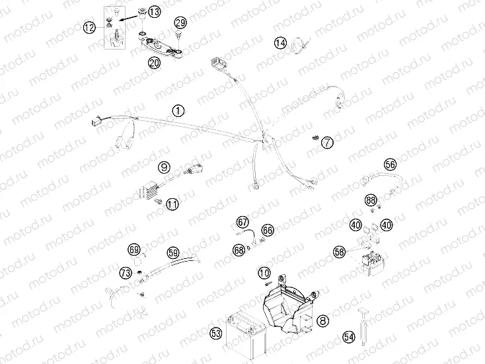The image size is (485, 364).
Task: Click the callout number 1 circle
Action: click(x=177, y=111)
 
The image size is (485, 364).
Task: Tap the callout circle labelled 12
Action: click(x=90, y=27)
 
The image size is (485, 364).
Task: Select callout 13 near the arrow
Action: click(x=154, y=12)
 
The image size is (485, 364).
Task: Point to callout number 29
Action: click(x=180, y=23)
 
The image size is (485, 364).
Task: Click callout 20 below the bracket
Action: click(x=155, y=63)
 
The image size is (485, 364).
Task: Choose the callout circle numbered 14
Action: click(x=281, y=44)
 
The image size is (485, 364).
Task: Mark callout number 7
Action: click(x=328, y=141)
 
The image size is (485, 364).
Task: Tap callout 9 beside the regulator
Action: click(x=164, y=167)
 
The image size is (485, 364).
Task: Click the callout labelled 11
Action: click(x=172, y=204)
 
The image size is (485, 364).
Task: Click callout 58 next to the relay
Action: click(x=340, y=252)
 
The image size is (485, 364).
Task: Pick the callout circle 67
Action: click(x=243, y=222)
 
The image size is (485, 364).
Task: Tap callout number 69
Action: click(x=135, y=250)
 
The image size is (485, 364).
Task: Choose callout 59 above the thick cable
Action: click(x=173, y=252)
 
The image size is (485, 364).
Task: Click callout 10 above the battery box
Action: click(x=264, y=272)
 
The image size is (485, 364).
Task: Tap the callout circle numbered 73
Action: click(x=125, y=273)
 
